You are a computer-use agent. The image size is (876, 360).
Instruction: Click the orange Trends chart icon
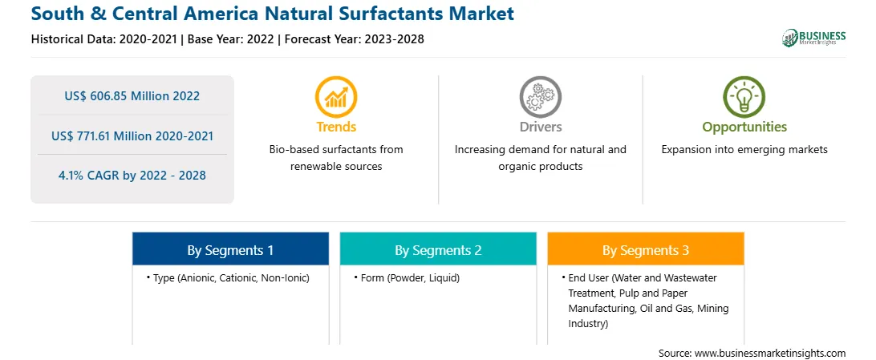click(336, 96)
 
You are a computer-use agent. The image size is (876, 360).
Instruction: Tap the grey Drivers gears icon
click(540, 96)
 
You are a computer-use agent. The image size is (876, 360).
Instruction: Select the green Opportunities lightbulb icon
click(744, 96)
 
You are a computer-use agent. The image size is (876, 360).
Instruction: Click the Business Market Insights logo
click(814, 38)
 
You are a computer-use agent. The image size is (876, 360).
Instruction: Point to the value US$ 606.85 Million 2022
click(132, 95)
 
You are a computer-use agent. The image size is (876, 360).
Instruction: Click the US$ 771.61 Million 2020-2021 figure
click(132, 136)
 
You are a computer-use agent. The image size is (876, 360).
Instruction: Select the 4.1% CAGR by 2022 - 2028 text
click(132, 176)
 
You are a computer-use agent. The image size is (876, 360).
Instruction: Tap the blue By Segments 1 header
click(231, 250)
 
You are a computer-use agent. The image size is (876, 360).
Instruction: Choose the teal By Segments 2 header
click(438, 250)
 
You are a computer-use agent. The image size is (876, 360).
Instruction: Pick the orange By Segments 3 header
click(646, 250)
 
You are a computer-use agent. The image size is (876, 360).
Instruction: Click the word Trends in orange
click(336, 127)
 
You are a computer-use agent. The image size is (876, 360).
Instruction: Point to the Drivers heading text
click(541, 127)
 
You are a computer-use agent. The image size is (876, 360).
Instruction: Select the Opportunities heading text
click(744, 127)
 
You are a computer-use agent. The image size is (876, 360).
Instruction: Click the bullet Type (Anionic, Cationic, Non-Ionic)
click(228, 277)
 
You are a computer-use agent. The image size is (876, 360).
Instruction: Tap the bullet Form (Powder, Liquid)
click(407, 277)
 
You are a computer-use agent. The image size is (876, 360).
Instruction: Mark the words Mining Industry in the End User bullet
click(649, 316)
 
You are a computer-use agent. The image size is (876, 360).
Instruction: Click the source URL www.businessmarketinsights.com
click(770, 353)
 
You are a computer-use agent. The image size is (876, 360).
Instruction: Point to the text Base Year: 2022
click(231, 39)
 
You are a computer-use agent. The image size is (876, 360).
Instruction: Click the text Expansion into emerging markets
click(744, 150)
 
